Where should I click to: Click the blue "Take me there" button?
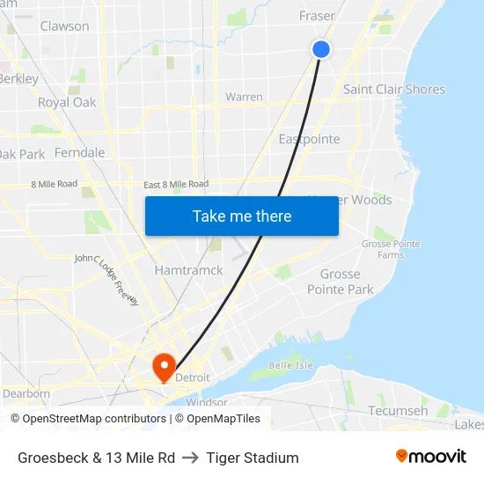(x=242, y=216)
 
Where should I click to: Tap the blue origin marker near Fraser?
(x=321, y=49)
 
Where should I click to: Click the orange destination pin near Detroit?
(x=164, y=364)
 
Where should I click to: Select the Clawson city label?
(x=64, y=26)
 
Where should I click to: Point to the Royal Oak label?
(x=67, y=102)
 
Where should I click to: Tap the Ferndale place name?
(x=79, y=152)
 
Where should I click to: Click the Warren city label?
(x=244, y=97)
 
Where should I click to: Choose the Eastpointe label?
(x=309, y=139)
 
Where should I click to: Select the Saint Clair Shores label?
(x=393, y=89)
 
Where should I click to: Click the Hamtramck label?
(x=188, y=270)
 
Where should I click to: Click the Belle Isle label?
(x=290, y=364)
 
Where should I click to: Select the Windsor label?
(x=206, y=402)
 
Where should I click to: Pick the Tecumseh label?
(x=398, y=411)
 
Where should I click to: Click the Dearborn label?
(x=26, y=393)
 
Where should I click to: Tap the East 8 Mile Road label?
(x=176, y=184)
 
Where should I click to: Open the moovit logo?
(x=430, y=457)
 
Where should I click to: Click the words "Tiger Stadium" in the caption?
(x=253, y=458)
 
